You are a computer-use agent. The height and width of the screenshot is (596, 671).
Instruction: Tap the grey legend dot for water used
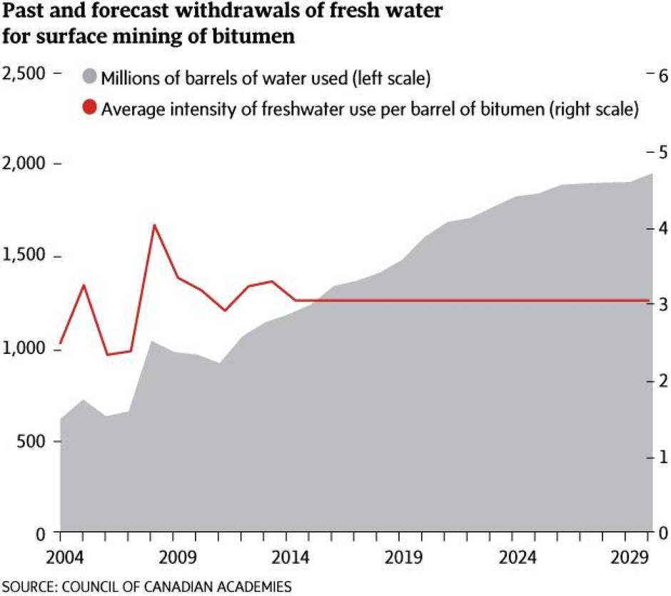click(x=89, y=77)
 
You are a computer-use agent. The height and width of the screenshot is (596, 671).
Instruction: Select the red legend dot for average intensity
click(x=89, y=109)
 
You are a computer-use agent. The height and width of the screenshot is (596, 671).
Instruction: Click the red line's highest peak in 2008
click(x=154, y=225)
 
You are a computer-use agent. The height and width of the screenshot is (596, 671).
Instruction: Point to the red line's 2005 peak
click(x=84, y=285)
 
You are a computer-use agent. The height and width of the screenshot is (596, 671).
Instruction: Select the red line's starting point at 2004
click(x=61, y=343)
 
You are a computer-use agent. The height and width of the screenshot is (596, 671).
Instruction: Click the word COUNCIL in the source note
click(x=90, y=587)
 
